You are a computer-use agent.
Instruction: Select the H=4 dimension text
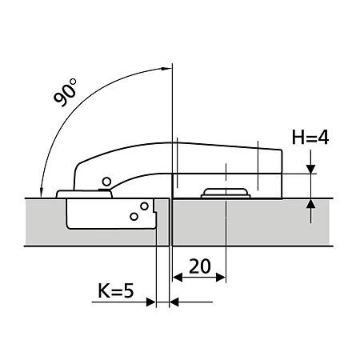coord(310,138)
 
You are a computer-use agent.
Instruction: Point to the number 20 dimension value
coord(200,265)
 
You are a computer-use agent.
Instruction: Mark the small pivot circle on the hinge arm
coord(104,182)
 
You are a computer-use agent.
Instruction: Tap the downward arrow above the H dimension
coord(310,167)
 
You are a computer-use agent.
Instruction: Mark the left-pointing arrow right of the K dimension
coord(177,302)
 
